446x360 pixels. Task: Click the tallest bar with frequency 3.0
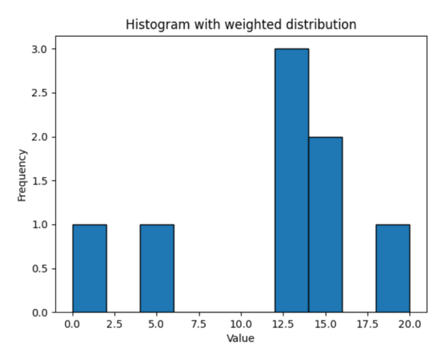[291, 181]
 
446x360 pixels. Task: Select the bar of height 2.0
[325, 225]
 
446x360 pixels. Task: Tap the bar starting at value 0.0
[89, 269]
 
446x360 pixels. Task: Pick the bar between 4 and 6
[157, 269]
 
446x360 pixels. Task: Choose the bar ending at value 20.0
[393, 269]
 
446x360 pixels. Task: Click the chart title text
[241, 25]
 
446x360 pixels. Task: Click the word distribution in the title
[323, 25]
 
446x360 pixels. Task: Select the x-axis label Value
[241, 337]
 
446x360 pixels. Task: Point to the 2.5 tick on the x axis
[115, 325]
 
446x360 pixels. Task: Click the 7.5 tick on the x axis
[199, 325]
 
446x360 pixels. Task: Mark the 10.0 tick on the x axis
[241, 325]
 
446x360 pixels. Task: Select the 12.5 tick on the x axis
[283, 325]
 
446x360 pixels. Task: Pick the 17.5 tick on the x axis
[368, 325]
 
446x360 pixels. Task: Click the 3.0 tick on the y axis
[40, 49]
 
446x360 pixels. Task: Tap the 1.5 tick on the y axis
[40, 181]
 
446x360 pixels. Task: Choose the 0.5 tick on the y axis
[40, 269]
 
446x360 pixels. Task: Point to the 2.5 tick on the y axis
[40, 93]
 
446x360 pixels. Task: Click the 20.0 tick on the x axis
[410, 325]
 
